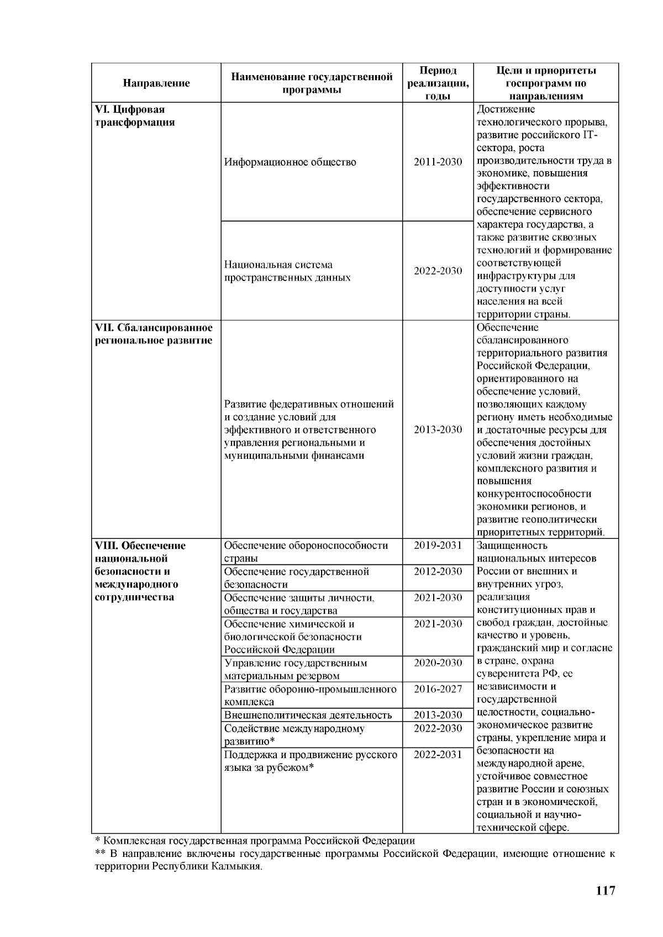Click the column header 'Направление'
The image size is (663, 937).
156,83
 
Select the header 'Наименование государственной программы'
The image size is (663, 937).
312,83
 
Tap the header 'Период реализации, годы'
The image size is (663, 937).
438,83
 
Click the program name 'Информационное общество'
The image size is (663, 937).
290,162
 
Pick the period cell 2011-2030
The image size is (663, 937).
438,162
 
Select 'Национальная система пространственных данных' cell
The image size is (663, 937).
287,271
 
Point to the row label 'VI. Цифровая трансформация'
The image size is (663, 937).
135,116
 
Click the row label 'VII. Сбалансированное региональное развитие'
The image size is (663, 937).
154,334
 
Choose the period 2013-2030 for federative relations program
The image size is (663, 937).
438,430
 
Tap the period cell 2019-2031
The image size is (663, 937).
438,546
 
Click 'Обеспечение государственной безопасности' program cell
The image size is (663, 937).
296,578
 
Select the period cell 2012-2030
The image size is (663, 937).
438,571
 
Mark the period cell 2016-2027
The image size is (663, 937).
438,689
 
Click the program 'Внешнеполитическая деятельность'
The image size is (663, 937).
308,716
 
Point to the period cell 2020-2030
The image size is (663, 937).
438,663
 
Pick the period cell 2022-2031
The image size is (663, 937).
438,755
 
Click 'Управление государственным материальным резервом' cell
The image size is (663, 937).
295,669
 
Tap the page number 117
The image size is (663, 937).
605,891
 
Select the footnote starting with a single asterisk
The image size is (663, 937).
255,841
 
